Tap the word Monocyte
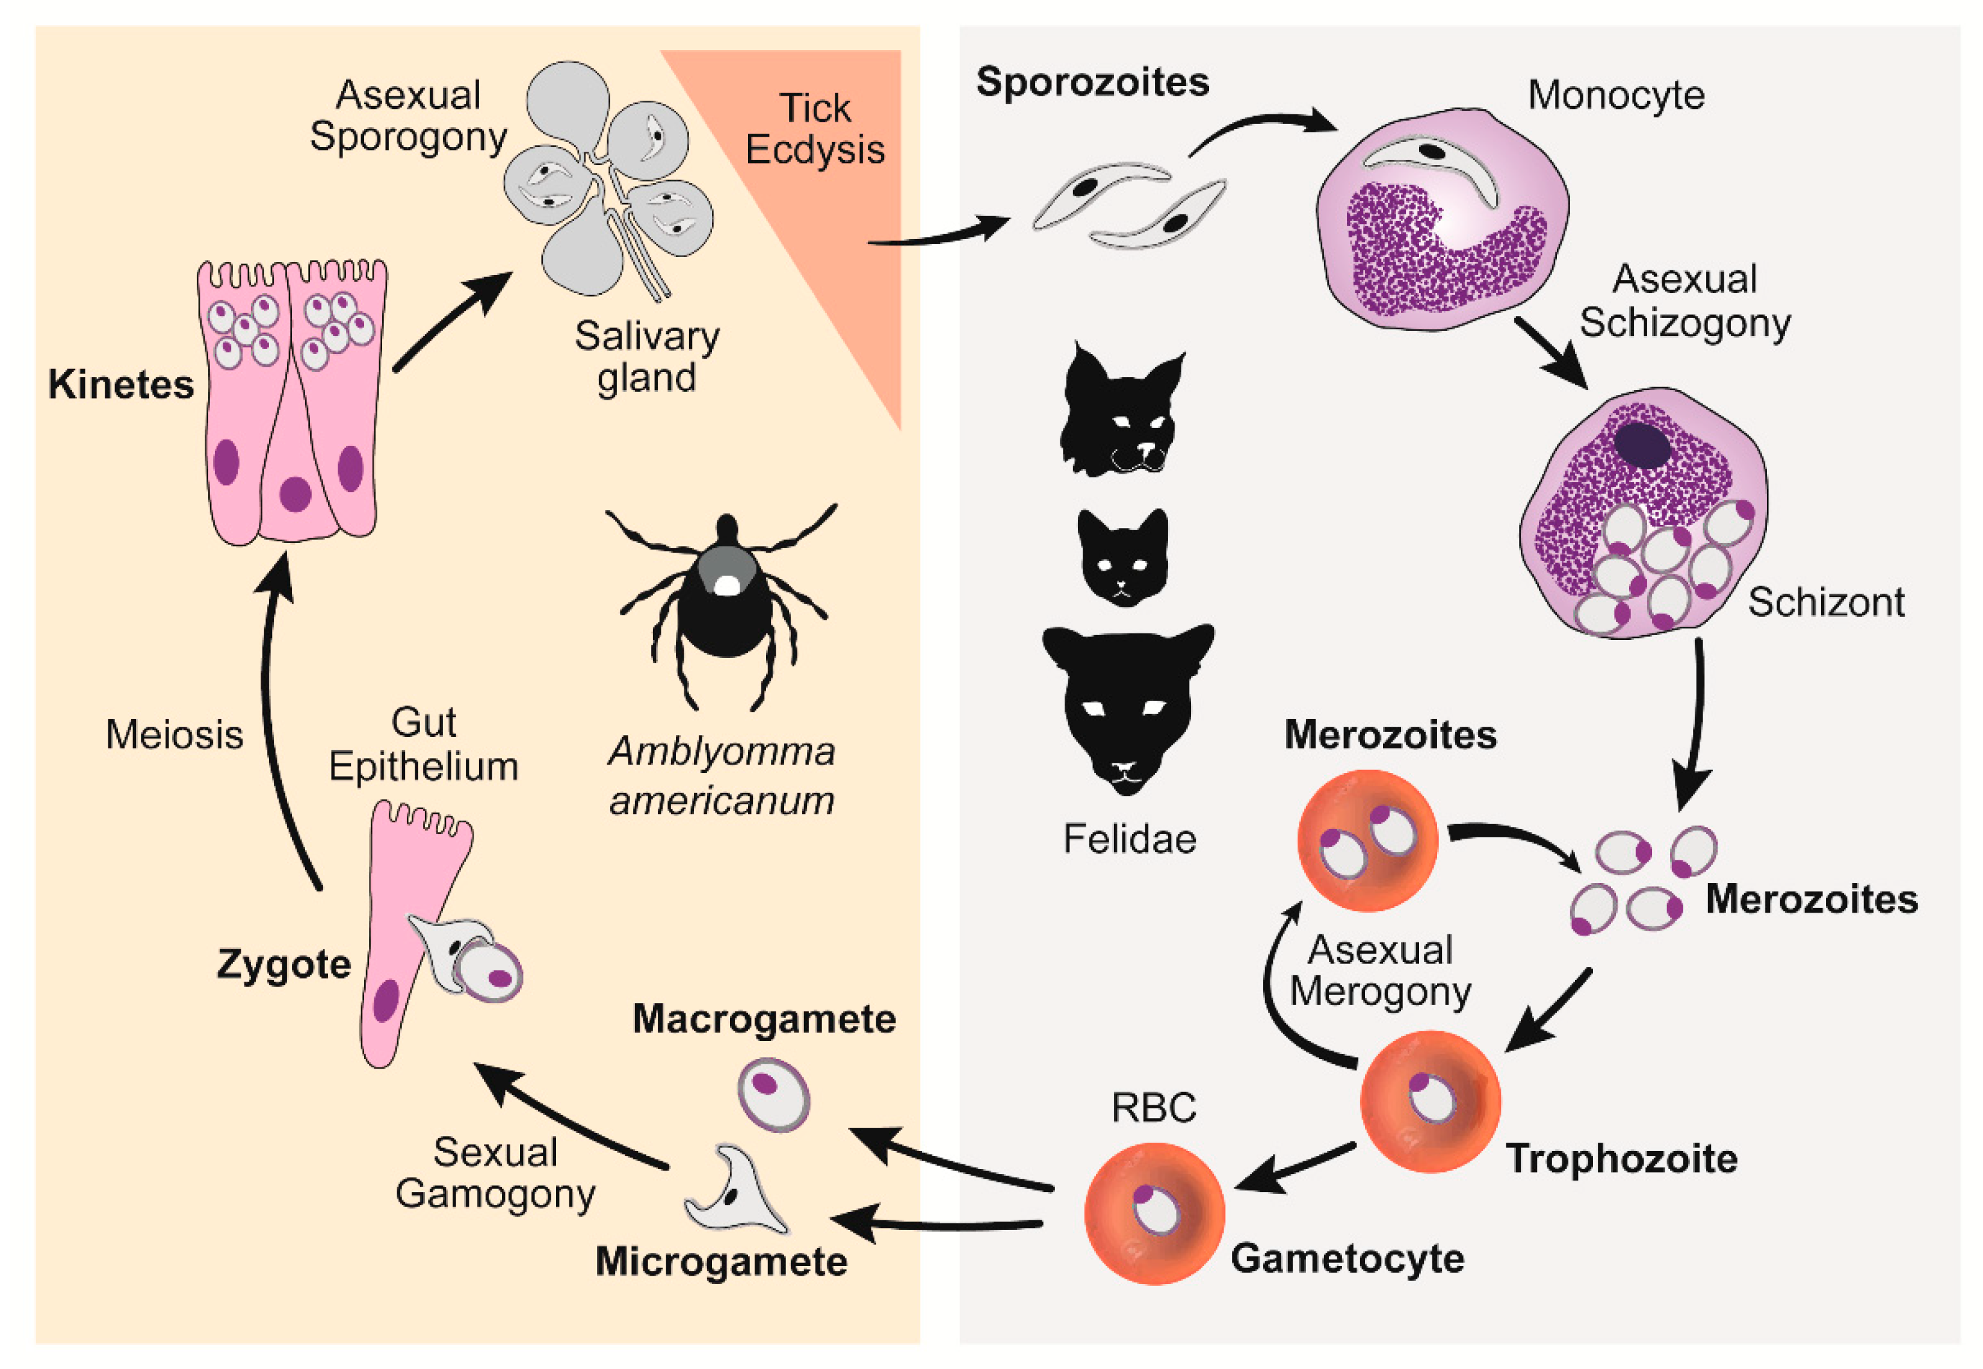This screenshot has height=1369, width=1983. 1615,95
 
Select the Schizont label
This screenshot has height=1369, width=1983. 1825,602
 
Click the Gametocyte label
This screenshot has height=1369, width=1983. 1347,1258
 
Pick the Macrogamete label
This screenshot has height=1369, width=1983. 764,1019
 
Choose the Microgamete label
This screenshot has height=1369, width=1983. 721,1262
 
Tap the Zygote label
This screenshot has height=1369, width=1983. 284,964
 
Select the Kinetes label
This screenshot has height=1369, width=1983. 121,384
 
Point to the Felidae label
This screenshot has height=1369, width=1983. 1129,839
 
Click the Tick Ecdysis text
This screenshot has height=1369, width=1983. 814,129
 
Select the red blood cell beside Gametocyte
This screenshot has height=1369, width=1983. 1154,1213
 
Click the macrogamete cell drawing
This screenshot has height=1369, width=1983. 773,1094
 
